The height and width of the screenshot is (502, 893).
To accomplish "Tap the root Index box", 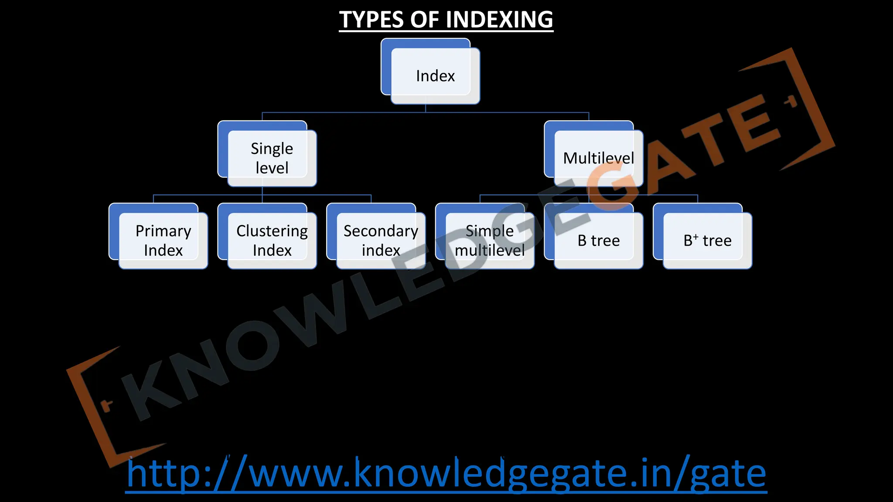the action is [x=435, y=76].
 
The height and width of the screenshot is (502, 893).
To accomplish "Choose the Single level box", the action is [x=272, y=158].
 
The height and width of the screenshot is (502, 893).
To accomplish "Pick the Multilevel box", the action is [x=598, y=158].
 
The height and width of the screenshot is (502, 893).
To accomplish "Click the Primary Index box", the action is [x=163, y=241].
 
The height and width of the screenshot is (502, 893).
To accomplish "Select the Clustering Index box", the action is [x=272, y=241].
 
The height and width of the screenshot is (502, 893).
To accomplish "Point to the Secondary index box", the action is [x=381, y=241].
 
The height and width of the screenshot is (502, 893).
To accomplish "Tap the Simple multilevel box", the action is [x=490, y=241].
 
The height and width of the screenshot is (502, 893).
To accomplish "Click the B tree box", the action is [x=598, y=241].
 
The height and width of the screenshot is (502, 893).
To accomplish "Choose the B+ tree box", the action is [x=707, y=241].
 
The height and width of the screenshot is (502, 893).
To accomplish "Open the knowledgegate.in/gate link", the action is [x=446, y=474].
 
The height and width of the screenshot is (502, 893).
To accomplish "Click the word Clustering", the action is [x=272, y=231].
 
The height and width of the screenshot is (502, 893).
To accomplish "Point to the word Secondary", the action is [x=381, y=231].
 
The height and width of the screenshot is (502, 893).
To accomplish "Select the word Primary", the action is [x=163, y=231].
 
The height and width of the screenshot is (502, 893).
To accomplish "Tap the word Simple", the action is [x=490, y=231].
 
